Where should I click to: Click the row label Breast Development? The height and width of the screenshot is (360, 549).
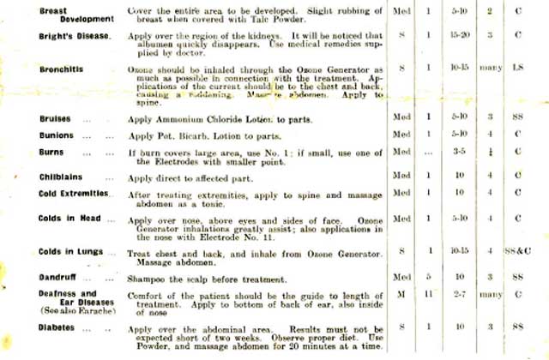click(x=64, y=15)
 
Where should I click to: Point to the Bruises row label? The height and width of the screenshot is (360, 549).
click(x=54, y=117)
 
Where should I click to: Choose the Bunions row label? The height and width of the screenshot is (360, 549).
click(x=55, y=135)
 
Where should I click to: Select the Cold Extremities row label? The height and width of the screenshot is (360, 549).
click(x=75, y=194)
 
